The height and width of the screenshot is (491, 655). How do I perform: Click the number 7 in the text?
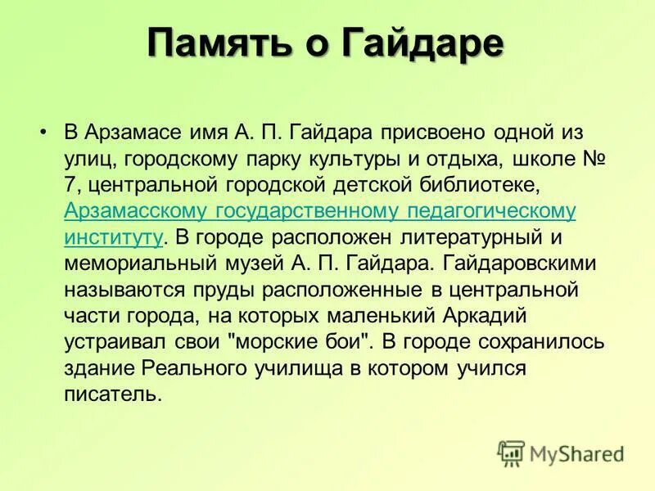pyautogui.click(x=70, y=185)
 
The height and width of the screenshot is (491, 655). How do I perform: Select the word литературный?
pyautogui.click(x=453, y=237)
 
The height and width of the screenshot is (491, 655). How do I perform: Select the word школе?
pyautogui.click(x=532, y=159)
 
